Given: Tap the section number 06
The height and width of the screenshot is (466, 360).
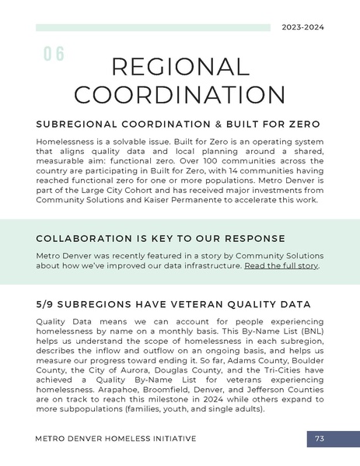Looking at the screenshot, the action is (x=54, y=54).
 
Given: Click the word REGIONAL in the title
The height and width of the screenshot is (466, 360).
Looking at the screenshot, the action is (x=180, y=68).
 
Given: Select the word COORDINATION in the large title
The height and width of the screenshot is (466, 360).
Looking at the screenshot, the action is (x=180, y=96).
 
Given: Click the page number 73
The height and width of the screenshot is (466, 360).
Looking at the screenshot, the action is (x=320, y=439).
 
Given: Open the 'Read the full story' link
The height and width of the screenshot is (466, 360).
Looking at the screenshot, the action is (x=281, y=265).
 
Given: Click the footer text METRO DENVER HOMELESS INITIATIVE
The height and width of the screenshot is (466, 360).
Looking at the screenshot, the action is (x=116, y=439).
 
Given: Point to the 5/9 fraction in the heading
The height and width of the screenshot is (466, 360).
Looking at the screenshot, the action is (x=47, y=304).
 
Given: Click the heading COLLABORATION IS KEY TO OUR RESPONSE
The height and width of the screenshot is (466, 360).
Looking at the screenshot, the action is (x=160, y=238).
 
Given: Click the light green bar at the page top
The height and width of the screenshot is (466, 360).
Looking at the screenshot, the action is (x=152, y=27).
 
